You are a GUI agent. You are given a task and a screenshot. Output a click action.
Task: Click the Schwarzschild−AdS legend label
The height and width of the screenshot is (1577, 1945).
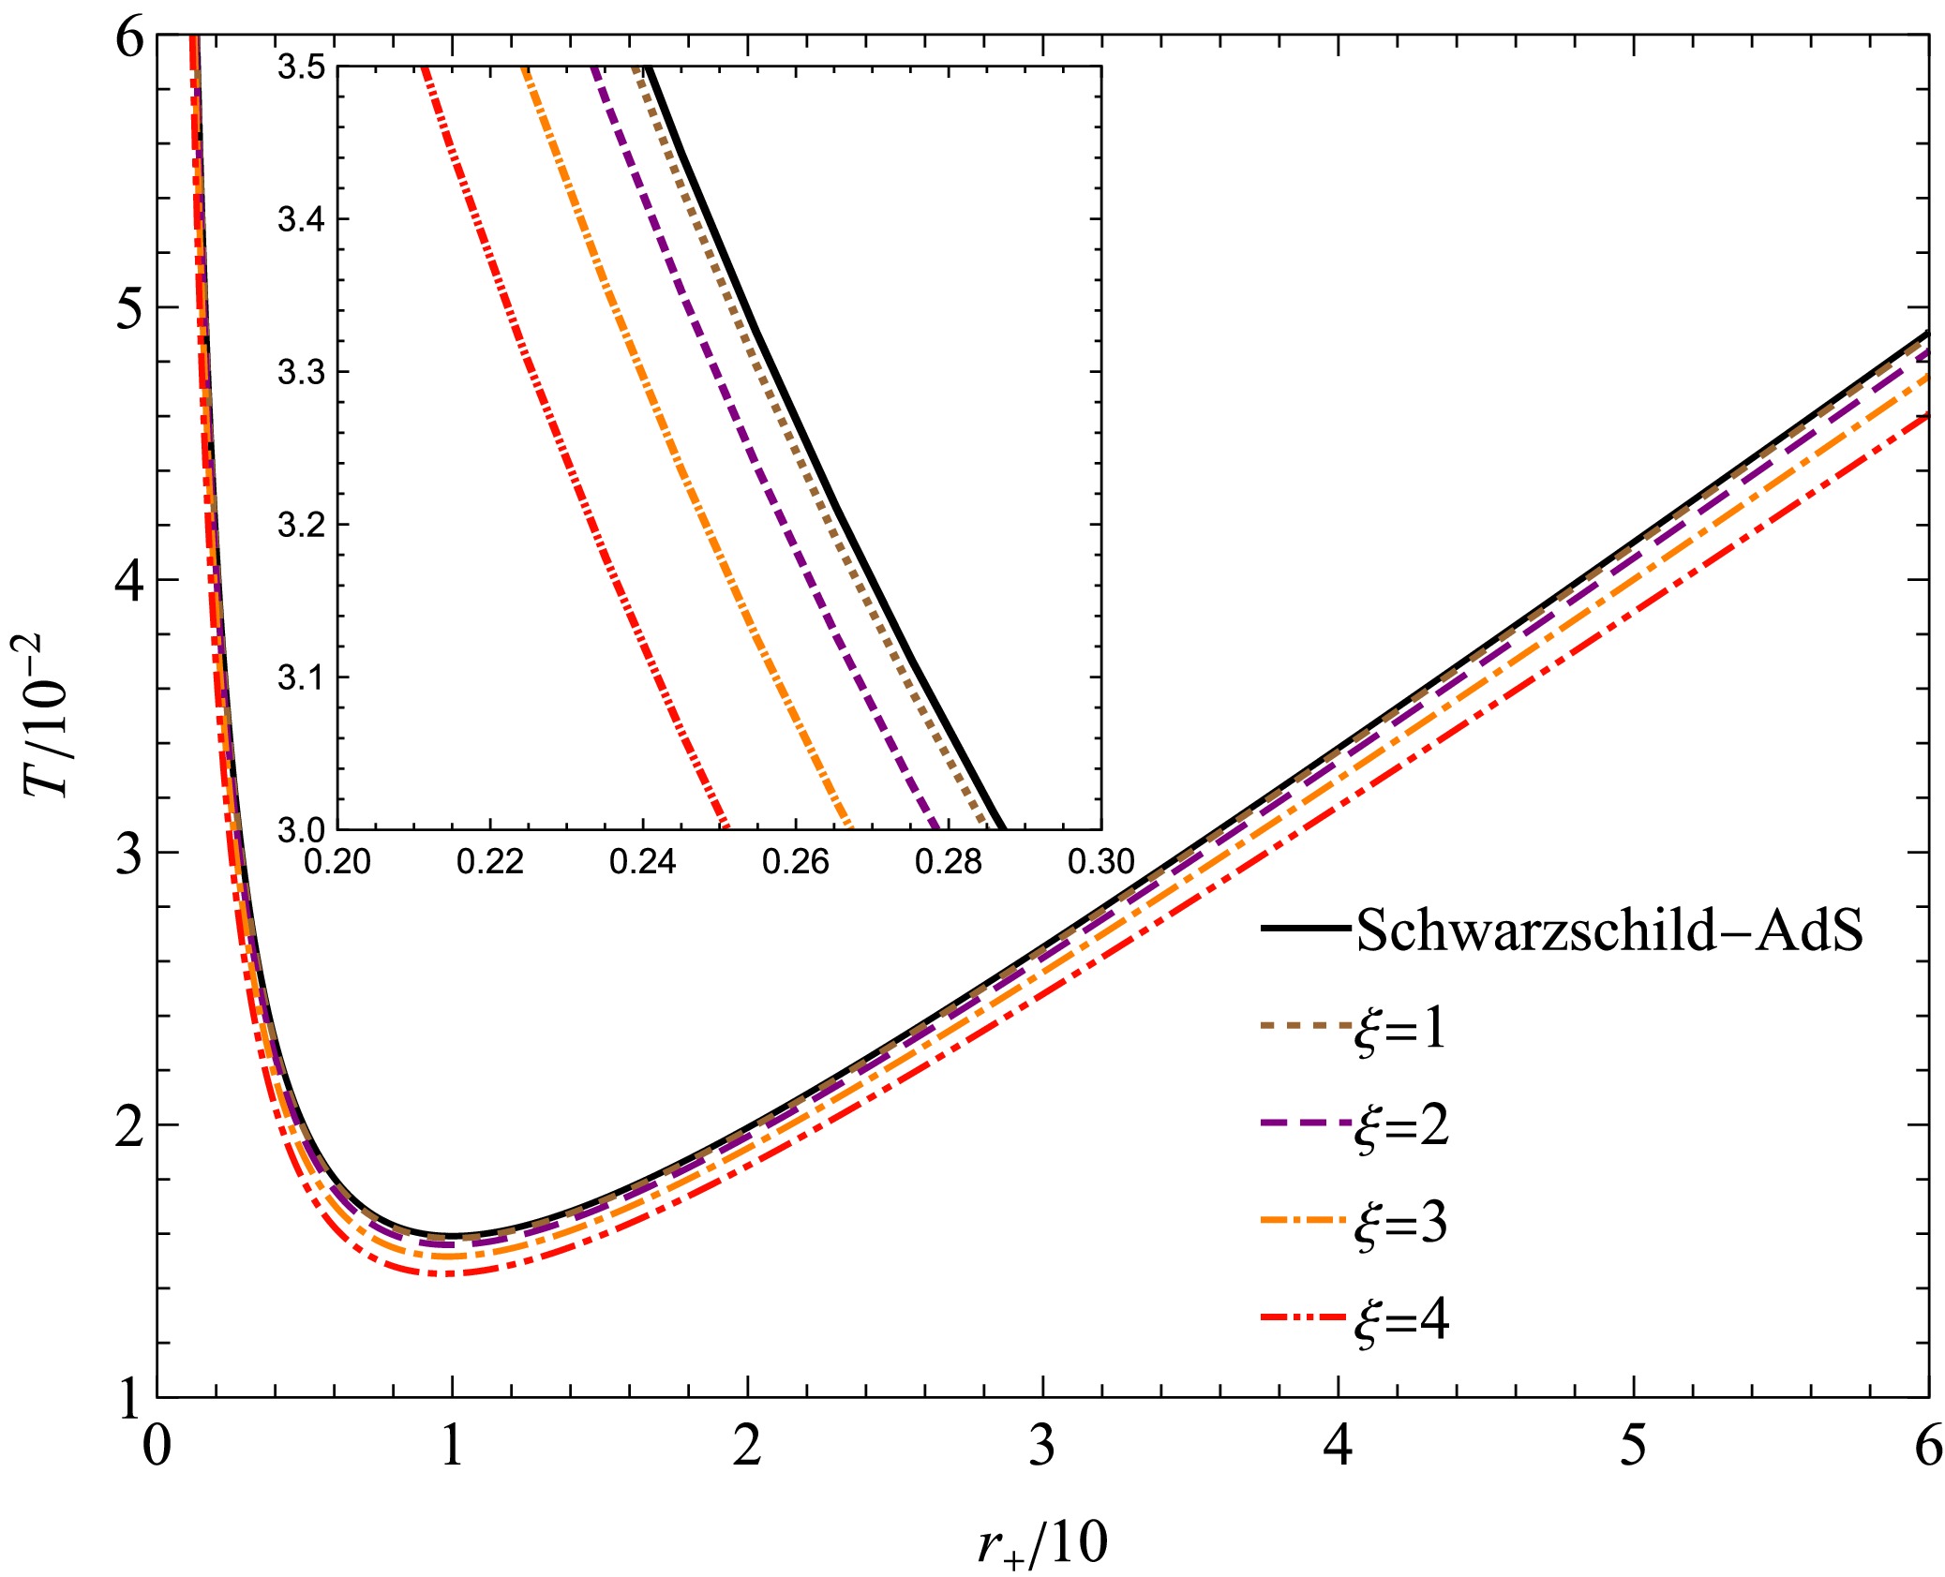pos(1608,930)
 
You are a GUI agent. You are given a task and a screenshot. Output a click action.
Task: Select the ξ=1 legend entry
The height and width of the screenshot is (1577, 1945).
pos(1399,1028)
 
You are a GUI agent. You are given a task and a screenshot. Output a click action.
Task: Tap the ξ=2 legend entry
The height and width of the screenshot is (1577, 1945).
pos(1401,1125)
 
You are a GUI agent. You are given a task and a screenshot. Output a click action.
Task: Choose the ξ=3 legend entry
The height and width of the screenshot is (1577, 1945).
pos(1400,1224)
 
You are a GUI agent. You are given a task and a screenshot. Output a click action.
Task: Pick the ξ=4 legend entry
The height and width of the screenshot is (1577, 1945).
pos(1401,1321)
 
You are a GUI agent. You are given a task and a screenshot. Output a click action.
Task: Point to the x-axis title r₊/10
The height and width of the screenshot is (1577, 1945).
pos(1041,1541)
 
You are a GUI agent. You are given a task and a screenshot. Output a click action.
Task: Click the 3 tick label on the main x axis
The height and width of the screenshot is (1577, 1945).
pos(1042,1446)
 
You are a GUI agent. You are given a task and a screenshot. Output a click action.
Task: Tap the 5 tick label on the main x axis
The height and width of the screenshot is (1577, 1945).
pos(1633,1446)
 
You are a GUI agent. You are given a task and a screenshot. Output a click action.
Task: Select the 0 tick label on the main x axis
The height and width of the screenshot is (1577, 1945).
pos(157,1446)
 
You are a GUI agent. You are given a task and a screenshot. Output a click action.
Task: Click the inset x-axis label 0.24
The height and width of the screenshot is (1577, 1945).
pos(642,861)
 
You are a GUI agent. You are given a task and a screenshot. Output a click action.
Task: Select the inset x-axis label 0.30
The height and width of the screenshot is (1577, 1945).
pos(1100,861)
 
